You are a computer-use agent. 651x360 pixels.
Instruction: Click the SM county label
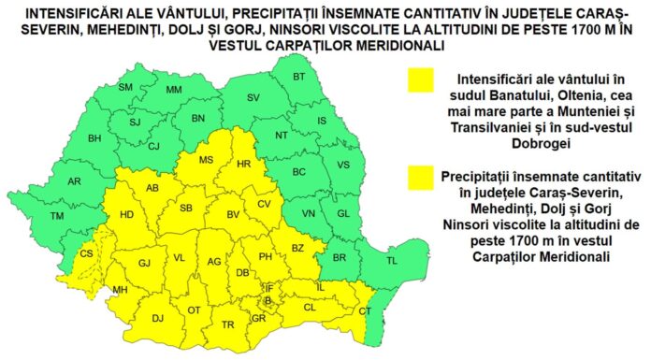point(125,87)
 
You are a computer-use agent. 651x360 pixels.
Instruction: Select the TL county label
point(393,261)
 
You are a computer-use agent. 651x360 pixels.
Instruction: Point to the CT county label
point(366,310)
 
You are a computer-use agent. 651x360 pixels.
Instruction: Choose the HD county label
point(128,216)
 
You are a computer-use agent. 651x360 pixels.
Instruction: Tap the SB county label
point(186,209)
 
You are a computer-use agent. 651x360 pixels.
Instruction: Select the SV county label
point(253,98)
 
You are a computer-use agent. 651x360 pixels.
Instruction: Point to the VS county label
point(342,165)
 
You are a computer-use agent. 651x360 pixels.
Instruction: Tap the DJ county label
point(158,319)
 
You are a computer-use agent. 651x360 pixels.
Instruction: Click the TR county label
point(227,324)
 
